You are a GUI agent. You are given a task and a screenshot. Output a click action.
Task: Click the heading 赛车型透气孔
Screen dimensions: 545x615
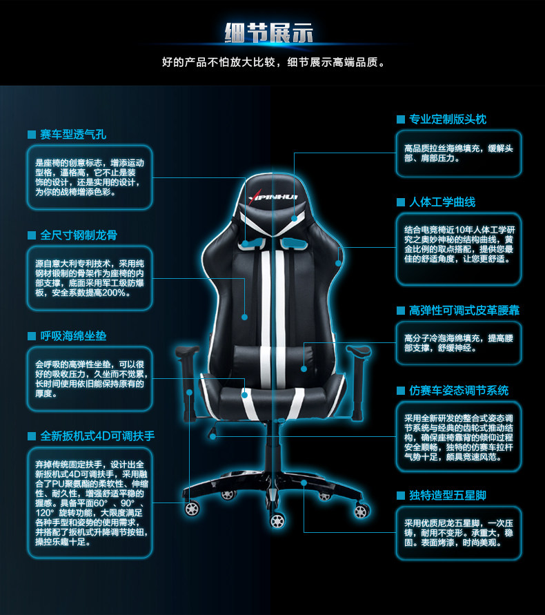(x=72, y=133)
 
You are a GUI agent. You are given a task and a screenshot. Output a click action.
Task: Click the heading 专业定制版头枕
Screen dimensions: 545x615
(x=448, y=119)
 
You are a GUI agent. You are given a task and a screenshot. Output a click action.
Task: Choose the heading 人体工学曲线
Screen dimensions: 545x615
(x=442, y=202)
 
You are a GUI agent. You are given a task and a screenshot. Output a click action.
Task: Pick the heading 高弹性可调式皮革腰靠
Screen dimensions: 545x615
(x=464, y=310)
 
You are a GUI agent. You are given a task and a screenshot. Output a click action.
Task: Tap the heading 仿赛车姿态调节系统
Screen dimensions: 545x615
(x=458, y=391)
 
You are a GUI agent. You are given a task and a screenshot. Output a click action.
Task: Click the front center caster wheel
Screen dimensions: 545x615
(x=277, y=519)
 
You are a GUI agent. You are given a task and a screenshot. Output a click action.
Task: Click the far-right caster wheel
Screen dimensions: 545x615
(x=361, y=510)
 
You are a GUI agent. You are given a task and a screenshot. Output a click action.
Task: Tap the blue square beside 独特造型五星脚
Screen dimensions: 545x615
(x=400, y=496)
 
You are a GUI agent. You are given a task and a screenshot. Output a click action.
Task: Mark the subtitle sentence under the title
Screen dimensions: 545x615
(x=272, y=63)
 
